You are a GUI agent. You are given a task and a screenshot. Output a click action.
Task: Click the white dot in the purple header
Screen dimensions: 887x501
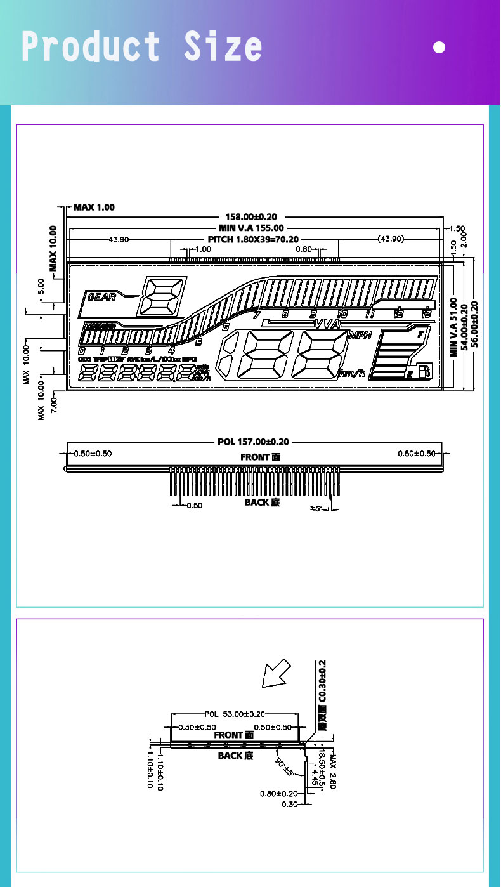tap(439, 47)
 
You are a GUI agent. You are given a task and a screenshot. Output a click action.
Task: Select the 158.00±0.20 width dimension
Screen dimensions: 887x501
tap(251, 217)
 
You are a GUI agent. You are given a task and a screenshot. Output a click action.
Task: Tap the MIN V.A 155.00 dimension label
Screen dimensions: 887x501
tap(251, 227)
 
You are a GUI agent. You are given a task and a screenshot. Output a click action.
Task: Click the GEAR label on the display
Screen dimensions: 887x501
tap(101, 297)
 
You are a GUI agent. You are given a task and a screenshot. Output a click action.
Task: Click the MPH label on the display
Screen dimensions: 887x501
tap(360, 336)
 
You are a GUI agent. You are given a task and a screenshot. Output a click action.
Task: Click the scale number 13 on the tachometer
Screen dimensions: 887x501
tap(426, 313)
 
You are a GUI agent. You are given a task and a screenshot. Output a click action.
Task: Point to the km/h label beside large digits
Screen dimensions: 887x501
tap(353, 373)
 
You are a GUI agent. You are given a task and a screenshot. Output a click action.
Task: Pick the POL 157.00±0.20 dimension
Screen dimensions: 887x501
tap(253, 442)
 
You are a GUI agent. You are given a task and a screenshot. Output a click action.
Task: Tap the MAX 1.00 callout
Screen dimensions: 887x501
tap(94, 207)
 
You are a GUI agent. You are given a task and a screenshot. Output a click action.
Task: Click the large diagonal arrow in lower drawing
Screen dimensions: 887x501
tap(276, 674)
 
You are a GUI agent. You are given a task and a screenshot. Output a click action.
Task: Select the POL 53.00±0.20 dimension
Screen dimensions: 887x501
tap(235, 714)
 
